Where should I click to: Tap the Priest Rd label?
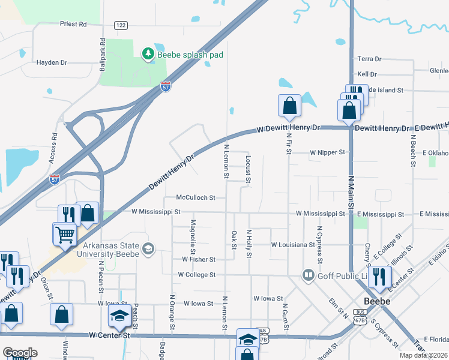73,24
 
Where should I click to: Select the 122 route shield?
121,25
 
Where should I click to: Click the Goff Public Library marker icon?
309,275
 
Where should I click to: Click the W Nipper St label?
327,152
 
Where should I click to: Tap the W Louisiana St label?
293,245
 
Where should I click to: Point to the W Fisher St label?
199,259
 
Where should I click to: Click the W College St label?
196,274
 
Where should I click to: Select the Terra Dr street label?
370,59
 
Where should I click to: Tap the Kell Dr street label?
367,74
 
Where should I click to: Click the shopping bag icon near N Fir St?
289,106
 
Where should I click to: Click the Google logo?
20,353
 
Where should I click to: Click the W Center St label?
109,335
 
